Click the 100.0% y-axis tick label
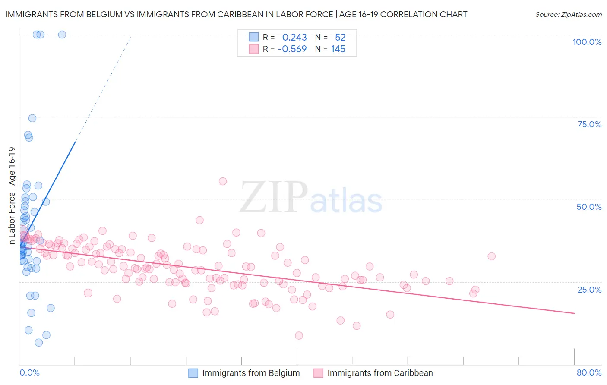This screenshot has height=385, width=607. click(x=587, y=42)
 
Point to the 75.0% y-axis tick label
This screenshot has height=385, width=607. click(x=589, y=124)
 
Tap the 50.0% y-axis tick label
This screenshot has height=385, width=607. click(x=589, y=207)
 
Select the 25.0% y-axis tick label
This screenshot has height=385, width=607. click(x=589, y=290)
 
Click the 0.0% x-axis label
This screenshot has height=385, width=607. click(x=29, y=372)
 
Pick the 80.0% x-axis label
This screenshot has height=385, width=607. click(x=589, y=372)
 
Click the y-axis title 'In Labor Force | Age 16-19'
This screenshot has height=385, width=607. click(x=12, y=197)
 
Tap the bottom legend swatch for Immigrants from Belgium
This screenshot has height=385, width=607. click(x=193, y=373)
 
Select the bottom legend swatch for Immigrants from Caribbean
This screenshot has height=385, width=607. click(x=319, y=373)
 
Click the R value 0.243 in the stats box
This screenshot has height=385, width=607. click(x=294, y=37)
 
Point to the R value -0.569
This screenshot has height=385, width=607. click(x=292, y=49)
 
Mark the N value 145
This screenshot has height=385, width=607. click(x=338, y=49)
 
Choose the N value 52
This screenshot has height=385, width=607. click(x=340, y=37)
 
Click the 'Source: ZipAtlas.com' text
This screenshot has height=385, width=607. click(x=568, y=15)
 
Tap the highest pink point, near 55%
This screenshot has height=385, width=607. click(x=223, y=181)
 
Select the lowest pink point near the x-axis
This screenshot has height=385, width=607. click(x=299, y=335)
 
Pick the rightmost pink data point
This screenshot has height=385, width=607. click(x=491, y=256)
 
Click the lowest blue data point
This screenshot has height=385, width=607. click(x=39, y=343)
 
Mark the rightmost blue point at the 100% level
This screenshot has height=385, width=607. click(x=62, y=35)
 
